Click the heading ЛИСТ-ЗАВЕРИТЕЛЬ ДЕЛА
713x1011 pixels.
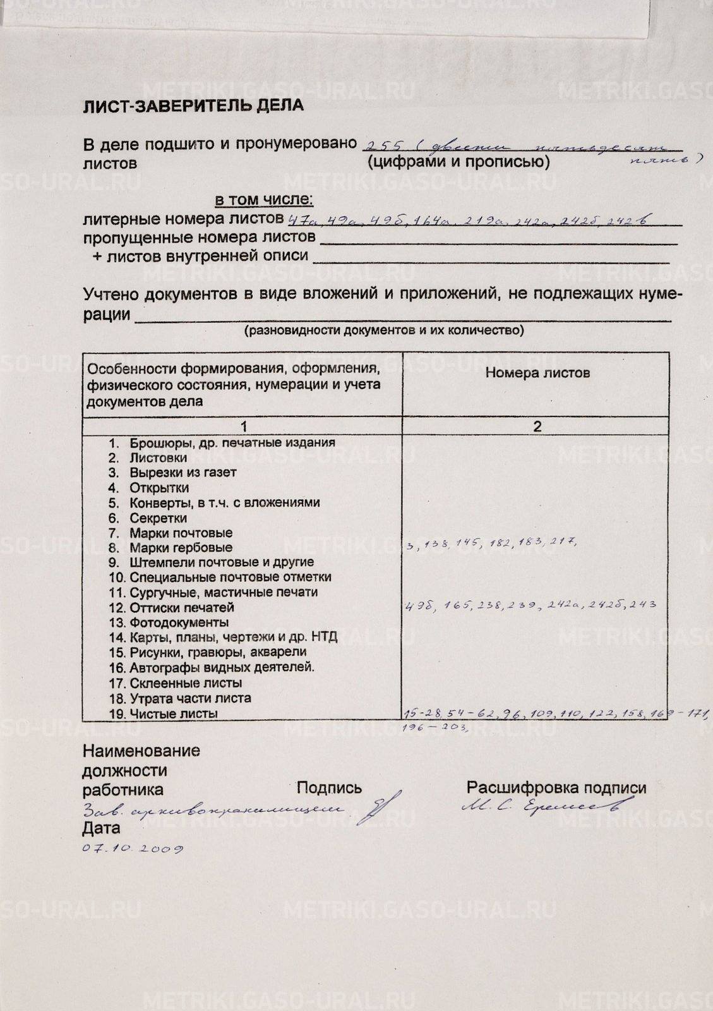point(193,106)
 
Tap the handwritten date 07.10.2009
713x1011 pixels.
point(133,849)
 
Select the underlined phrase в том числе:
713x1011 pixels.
point(264,200)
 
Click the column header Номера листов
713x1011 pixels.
point(537,373)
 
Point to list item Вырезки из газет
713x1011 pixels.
point(183,473)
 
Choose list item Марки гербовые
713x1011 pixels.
point(181,548)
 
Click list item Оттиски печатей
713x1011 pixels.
point(181,608)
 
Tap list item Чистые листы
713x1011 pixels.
point(174,714)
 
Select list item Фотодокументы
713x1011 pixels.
point(179,623)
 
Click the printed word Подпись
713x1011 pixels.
point(329,788)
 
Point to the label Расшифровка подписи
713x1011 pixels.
point(556,788)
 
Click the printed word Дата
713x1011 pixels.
point(101,828)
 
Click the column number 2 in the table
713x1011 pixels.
point(537,427)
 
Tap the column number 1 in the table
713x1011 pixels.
point(243,427)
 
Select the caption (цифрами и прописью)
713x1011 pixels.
point(458,162)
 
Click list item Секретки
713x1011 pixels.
point(158,518)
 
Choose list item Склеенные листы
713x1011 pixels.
point(185,683)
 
